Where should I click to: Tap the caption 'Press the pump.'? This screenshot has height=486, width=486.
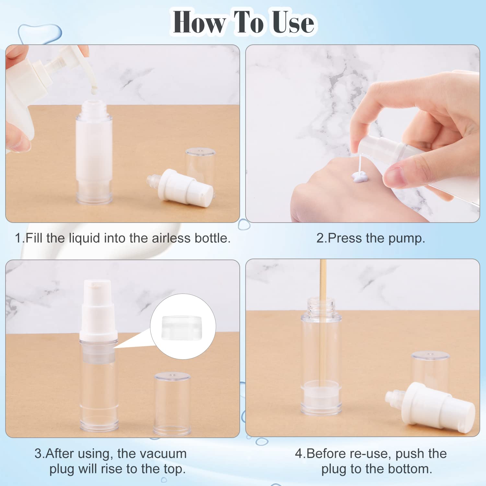coord(370,238)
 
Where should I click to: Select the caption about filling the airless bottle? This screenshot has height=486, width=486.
coord(122,238)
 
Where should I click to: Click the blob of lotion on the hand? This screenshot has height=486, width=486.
coord(360,177)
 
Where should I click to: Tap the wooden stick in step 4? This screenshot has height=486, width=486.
coord(323,324)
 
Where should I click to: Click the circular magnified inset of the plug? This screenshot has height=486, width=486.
coord(183,327)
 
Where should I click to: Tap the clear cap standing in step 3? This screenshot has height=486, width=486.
coord(172,403)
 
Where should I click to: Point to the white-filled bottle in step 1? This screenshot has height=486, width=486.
coord(94,152)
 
